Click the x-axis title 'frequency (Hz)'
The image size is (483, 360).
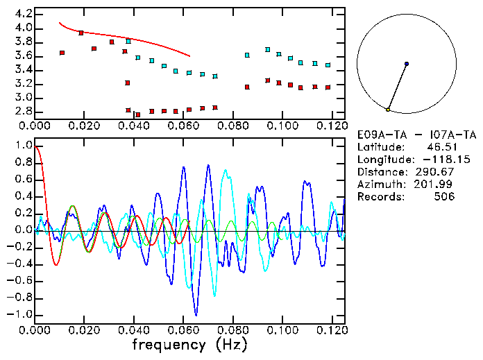coord(190,345)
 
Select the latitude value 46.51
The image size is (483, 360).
coord(440,147)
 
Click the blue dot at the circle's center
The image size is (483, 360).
coord(407,64)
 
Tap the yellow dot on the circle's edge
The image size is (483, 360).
coord(388,110)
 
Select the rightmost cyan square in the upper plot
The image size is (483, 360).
coord(328,65)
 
